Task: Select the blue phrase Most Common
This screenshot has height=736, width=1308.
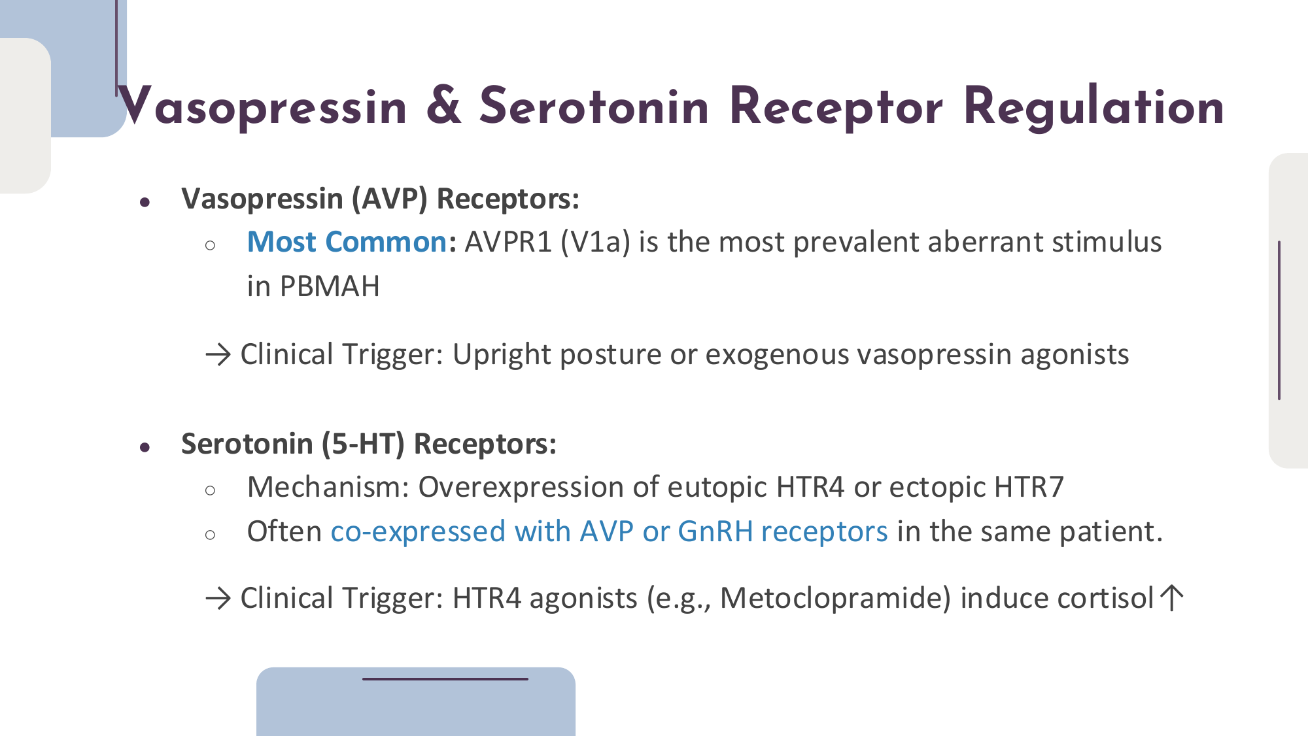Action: (x=347, y=242)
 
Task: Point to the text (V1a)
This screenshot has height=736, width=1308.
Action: (x=596, y=242)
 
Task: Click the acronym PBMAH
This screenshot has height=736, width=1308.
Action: (x=330, y=286)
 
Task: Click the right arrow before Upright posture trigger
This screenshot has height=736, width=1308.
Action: (x=218, y=355)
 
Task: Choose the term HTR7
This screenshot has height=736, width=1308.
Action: (x=1029, y=487)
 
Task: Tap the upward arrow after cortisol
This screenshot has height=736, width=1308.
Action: (x=1171, y=597)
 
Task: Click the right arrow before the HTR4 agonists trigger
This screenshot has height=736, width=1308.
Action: (x=218, y=598)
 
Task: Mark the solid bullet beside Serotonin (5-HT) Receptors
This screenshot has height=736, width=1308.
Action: (x=145, y=448)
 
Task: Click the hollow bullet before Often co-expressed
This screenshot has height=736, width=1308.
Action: (x=210, y=535)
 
